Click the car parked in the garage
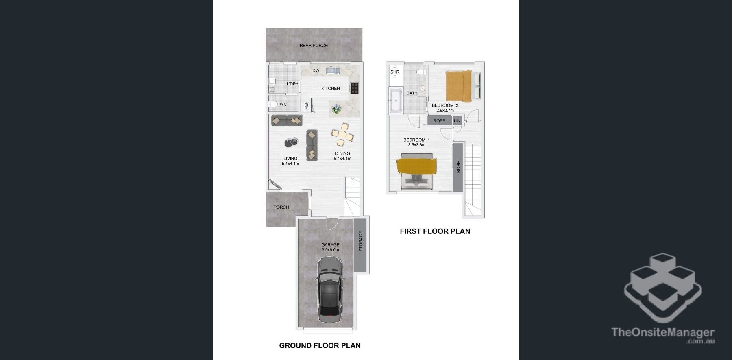point(330,291)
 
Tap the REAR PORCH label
point(314,46)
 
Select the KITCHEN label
point(331,88)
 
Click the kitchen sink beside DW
point(333,71)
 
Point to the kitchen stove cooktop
point(355,88)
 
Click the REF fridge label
point(306,106)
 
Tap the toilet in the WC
point(273,105)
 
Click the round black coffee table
point(291,142)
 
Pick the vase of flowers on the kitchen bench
point(336,109)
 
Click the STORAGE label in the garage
point(361,242)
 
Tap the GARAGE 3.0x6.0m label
point(330,247)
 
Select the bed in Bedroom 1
point(416,172)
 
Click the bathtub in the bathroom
point(395,101)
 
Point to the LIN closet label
point(457,121)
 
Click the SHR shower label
point(395,72)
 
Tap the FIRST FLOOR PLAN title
point(435,231)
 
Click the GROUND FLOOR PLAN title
point(320,346)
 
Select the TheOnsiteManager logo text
point(663,333)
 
